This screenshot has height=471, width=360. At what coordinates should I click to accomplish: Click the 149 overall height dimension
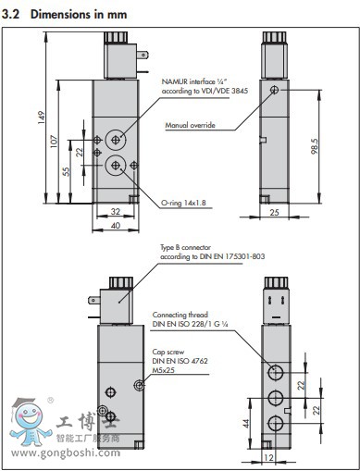click(x=42, y=118)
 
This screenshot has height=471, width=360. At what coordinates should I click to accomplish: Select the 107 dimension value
click(x=54, y=142)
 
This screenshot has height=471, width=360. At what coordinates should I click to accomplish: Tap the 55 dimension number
click(x=66, y=171)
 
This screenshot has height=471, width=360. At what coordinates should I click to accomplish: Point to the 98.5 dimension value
click(x=315, y=146)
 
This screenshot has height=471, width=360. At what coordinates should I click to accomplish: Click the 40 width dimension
click(x=116, y=226)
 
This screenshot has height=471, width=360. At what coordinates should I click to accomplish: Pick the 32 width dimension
click(x=116, y=212)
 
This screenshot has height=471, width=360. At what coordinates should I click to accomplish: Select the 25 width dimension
click(x=274, y=212)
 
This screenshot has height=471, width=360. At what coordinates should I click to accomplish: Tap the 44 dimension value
click(x=246, y=424)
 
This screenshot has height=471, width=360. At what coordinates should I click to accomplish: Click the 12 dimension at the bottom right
click(x=268, y=457)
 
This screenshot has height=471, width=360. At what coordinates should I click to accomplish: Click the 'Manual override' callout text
click(x=190, y=125)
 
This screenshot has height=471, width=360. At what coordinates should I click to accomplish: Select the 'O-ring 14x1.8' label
click(x=183, y=203)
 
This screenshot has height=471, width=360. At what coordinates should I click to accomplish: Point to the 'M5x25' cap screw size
click(x=164, y=370)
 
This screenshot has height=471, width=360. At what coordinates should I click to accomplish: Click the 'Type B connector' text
click(x=185, y=247)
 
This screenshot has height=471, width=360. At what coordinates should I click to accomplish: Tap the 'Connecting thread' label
click(x=180, y=315)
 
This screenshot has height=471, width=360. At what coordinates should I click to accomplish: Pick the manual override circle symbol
click(x=274, y=90)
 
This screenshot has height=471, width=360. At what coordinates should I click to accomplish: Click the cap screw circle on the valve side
click(x=139, y=385)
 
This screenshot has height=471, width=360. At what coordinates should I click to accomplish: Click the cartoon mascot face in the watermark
click(x=30, y=415)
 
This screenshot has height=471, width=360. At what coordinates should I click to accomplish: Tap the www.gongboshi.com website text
click(x=66, y=453)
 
